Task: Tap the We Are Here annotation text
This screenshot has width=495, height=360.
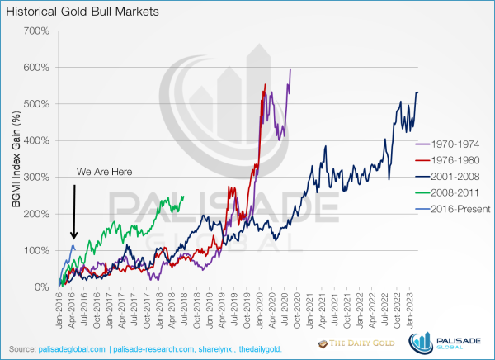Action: pos(104,173)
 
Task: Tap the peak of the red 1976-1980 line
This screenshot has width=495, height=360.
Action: pos(265,84)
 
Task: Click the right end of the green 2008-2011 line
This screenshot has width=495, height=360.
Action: pos(183,196)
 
